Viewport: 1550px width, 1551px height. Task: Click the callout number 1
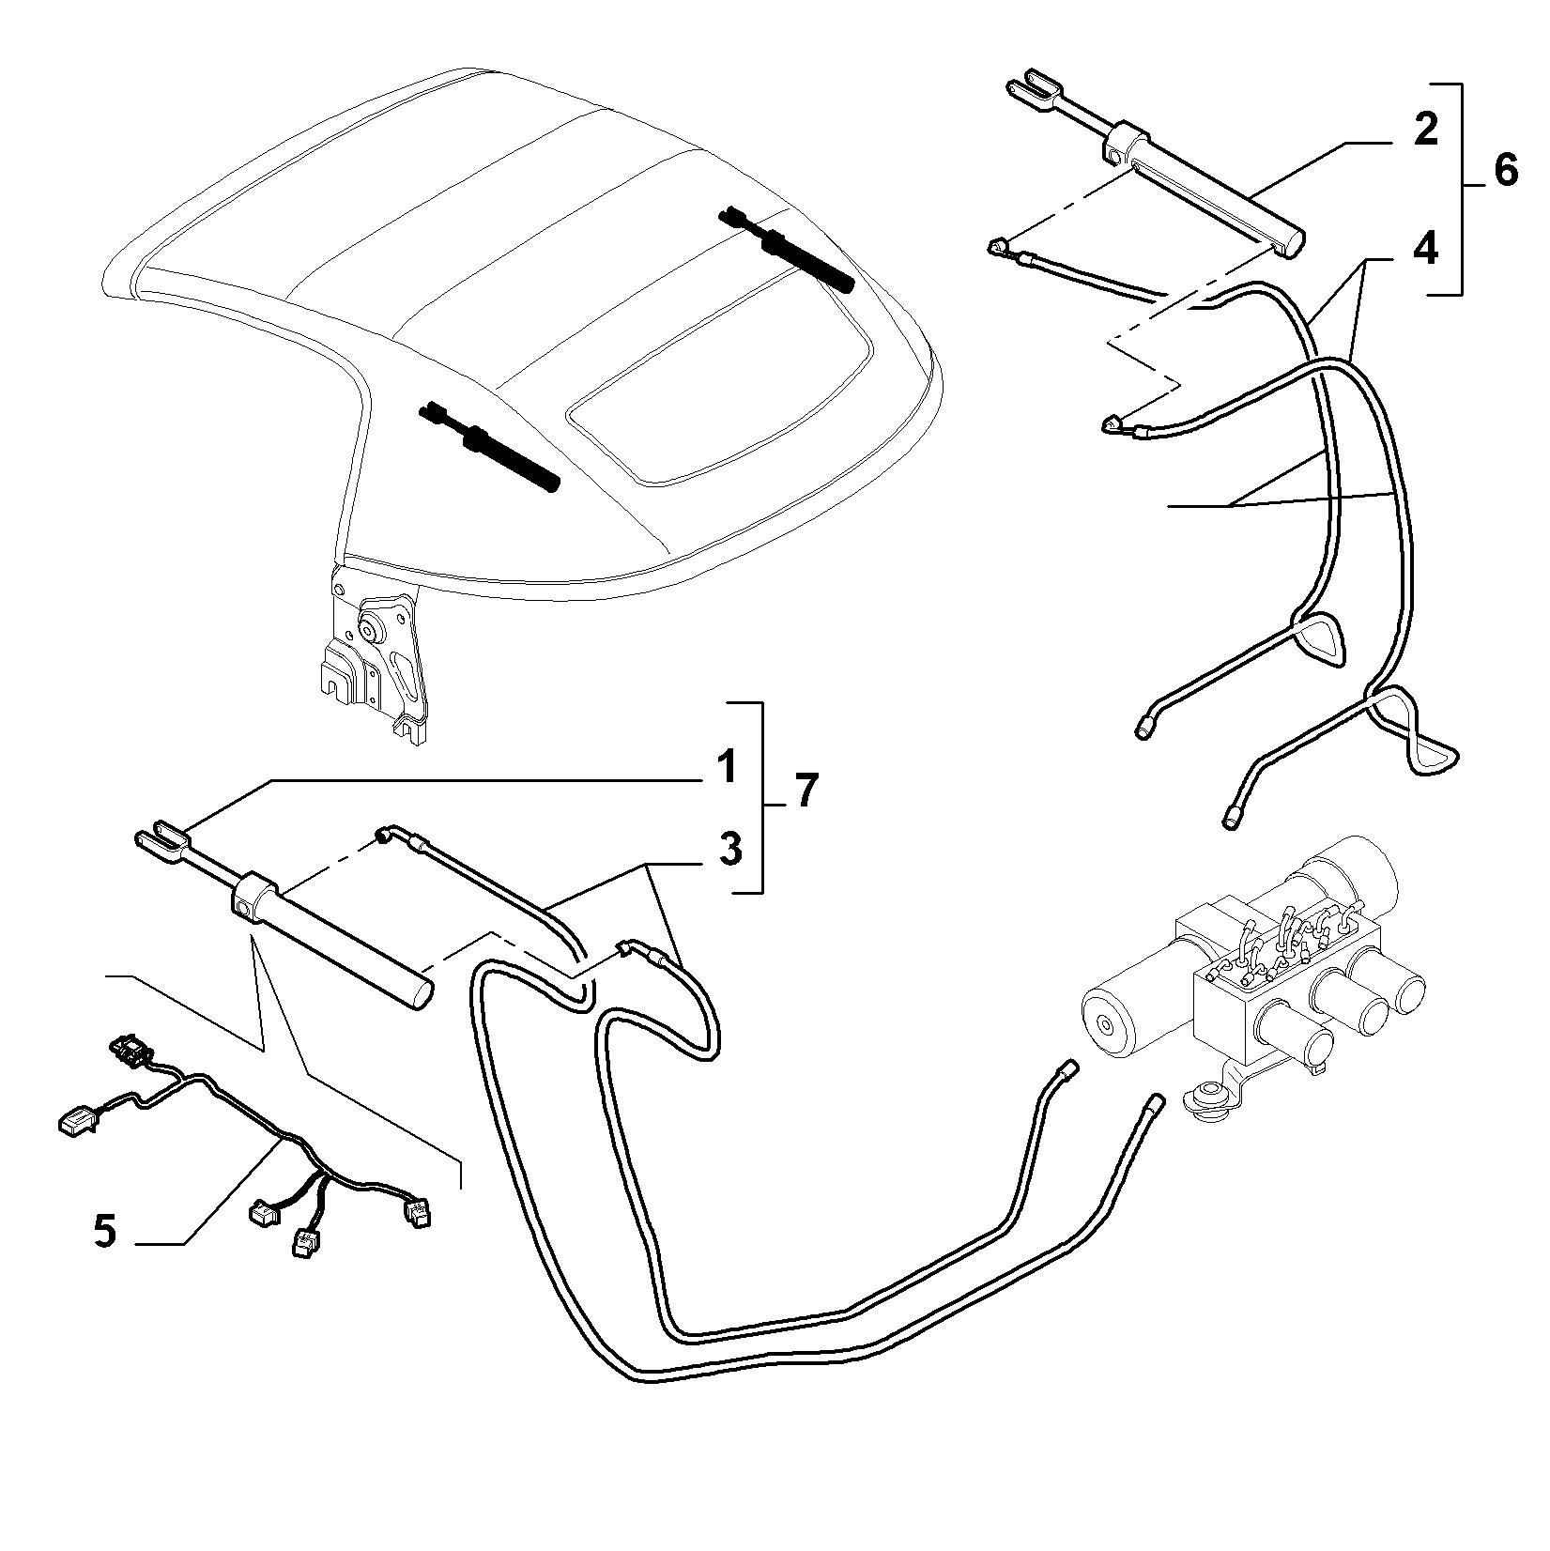[x=726, y=768]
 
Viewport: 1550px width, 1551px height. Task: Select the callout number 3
[x=729, y=850]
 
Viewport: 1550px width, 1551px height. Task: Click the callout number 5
[x=105, y=1230]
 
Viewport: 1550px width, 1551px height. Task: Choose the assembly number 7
[x=806, y=791]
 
